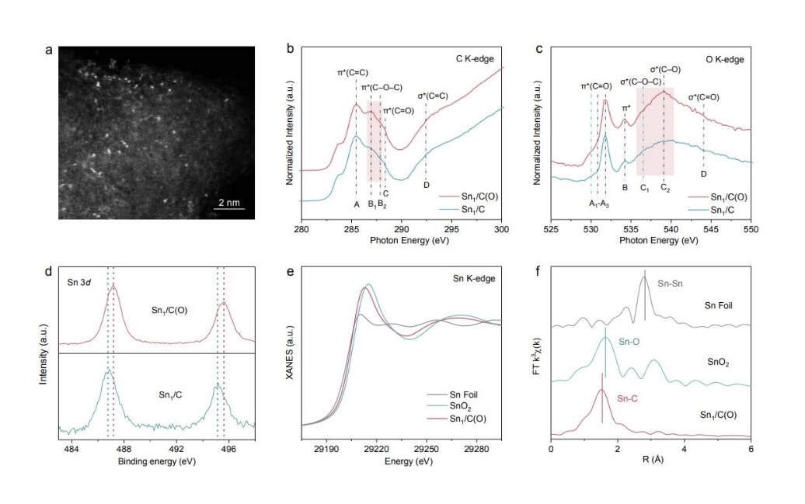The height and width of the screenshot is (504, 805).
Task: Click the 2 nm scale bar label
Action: [230, 202]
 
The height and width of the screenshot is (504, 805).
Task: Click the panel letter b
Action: [290, 50]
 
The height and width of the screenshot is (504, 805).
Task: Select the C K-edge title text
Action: [474, 58]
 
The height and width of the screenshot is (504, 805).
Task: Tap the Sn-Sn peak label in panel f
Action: [672, 284]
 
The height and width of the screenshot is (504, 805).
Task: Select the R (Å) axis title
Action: [650, 461]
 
